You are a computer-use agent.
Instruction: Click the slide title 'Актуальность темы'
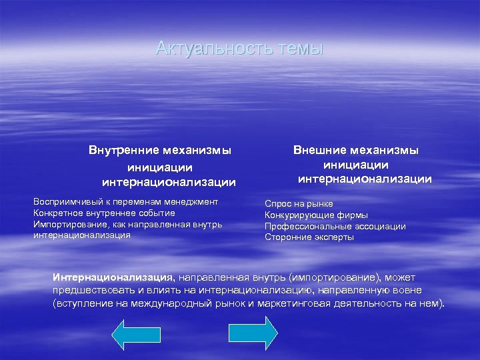coord(239,49)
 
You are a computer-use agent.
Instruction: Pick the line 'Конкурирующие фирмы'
coord(316,215)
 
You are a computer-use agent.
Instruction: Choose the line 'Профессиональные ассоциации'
coord(335,226)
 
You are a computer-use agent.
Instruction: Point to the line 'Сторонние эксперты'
coord(309,237)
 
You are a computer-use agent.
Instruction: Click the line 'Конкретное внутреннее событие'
coord(98,213)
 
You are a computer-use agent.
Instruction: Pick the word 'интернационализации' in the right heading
coord(365,179)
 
